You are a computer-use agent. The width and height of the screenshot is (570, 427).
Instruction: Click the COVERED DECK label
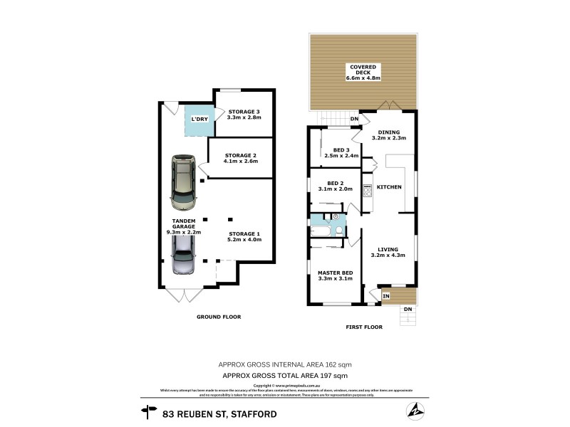pos(363,68)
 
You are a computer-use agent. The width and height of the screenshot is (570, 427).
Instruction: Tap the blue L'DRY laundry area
pos(199,120)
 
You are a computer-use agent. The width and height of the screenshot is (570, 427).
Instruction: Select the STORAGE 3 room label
pos(244,111)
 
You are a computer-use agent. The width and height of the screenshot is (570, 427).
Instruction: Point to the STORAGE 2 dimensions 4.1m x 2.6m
pos(240,162)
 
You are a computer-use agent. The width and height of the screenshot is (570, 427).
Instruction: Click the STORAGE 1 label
pos(244,233)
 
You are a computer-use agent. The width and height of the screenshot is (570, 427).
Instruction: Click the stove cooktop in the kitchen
pos(368,190)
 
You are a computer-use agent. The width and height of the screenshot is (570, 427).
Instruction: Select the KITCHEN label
pos(389,187)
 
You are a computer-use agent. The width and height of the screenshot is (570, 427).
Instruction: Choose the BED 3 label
pos(340,149)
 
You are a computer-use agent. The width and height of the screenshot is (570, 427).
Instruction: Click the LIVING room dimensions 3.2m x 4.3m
pos(388,255)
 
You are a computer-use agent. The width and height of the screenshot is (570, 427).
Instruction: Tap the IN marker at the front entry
pos(386,295)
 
